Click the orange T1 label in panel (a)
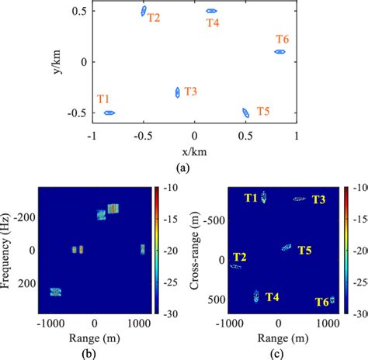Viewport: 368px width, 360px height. (104, 99)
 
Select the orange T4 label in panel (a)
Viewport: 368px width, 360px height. (213, 22)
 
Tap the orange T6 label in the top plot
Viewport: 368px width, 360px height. (283, 39)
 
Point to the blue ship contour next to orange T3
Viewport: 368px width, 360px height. (178, 92)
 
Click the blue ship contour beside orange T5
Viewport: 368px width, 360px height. (245, 112)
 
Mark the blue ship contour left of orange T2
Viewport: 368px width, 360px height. (144, 11)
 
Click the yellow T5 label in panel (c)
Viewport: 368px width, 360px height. (304, 250)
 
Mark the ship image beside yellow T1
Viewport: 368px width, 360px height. (264, 197)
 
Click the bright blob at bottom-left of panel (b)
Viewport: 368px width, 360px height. (55, 292)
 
